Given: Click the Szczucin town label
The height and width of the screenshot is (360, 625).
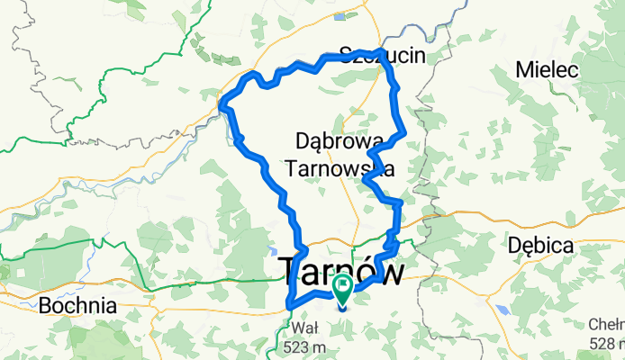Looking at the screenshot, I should [382, 56].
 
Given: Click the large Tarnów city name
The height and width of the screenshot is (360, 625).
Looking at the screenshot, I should [341, 271].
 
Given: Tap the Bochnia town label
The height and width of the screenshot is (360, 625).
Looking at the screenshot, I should [77, 306].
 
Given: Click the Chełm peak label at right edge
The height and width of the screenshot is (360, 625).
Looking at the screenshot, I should [605, 326].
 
